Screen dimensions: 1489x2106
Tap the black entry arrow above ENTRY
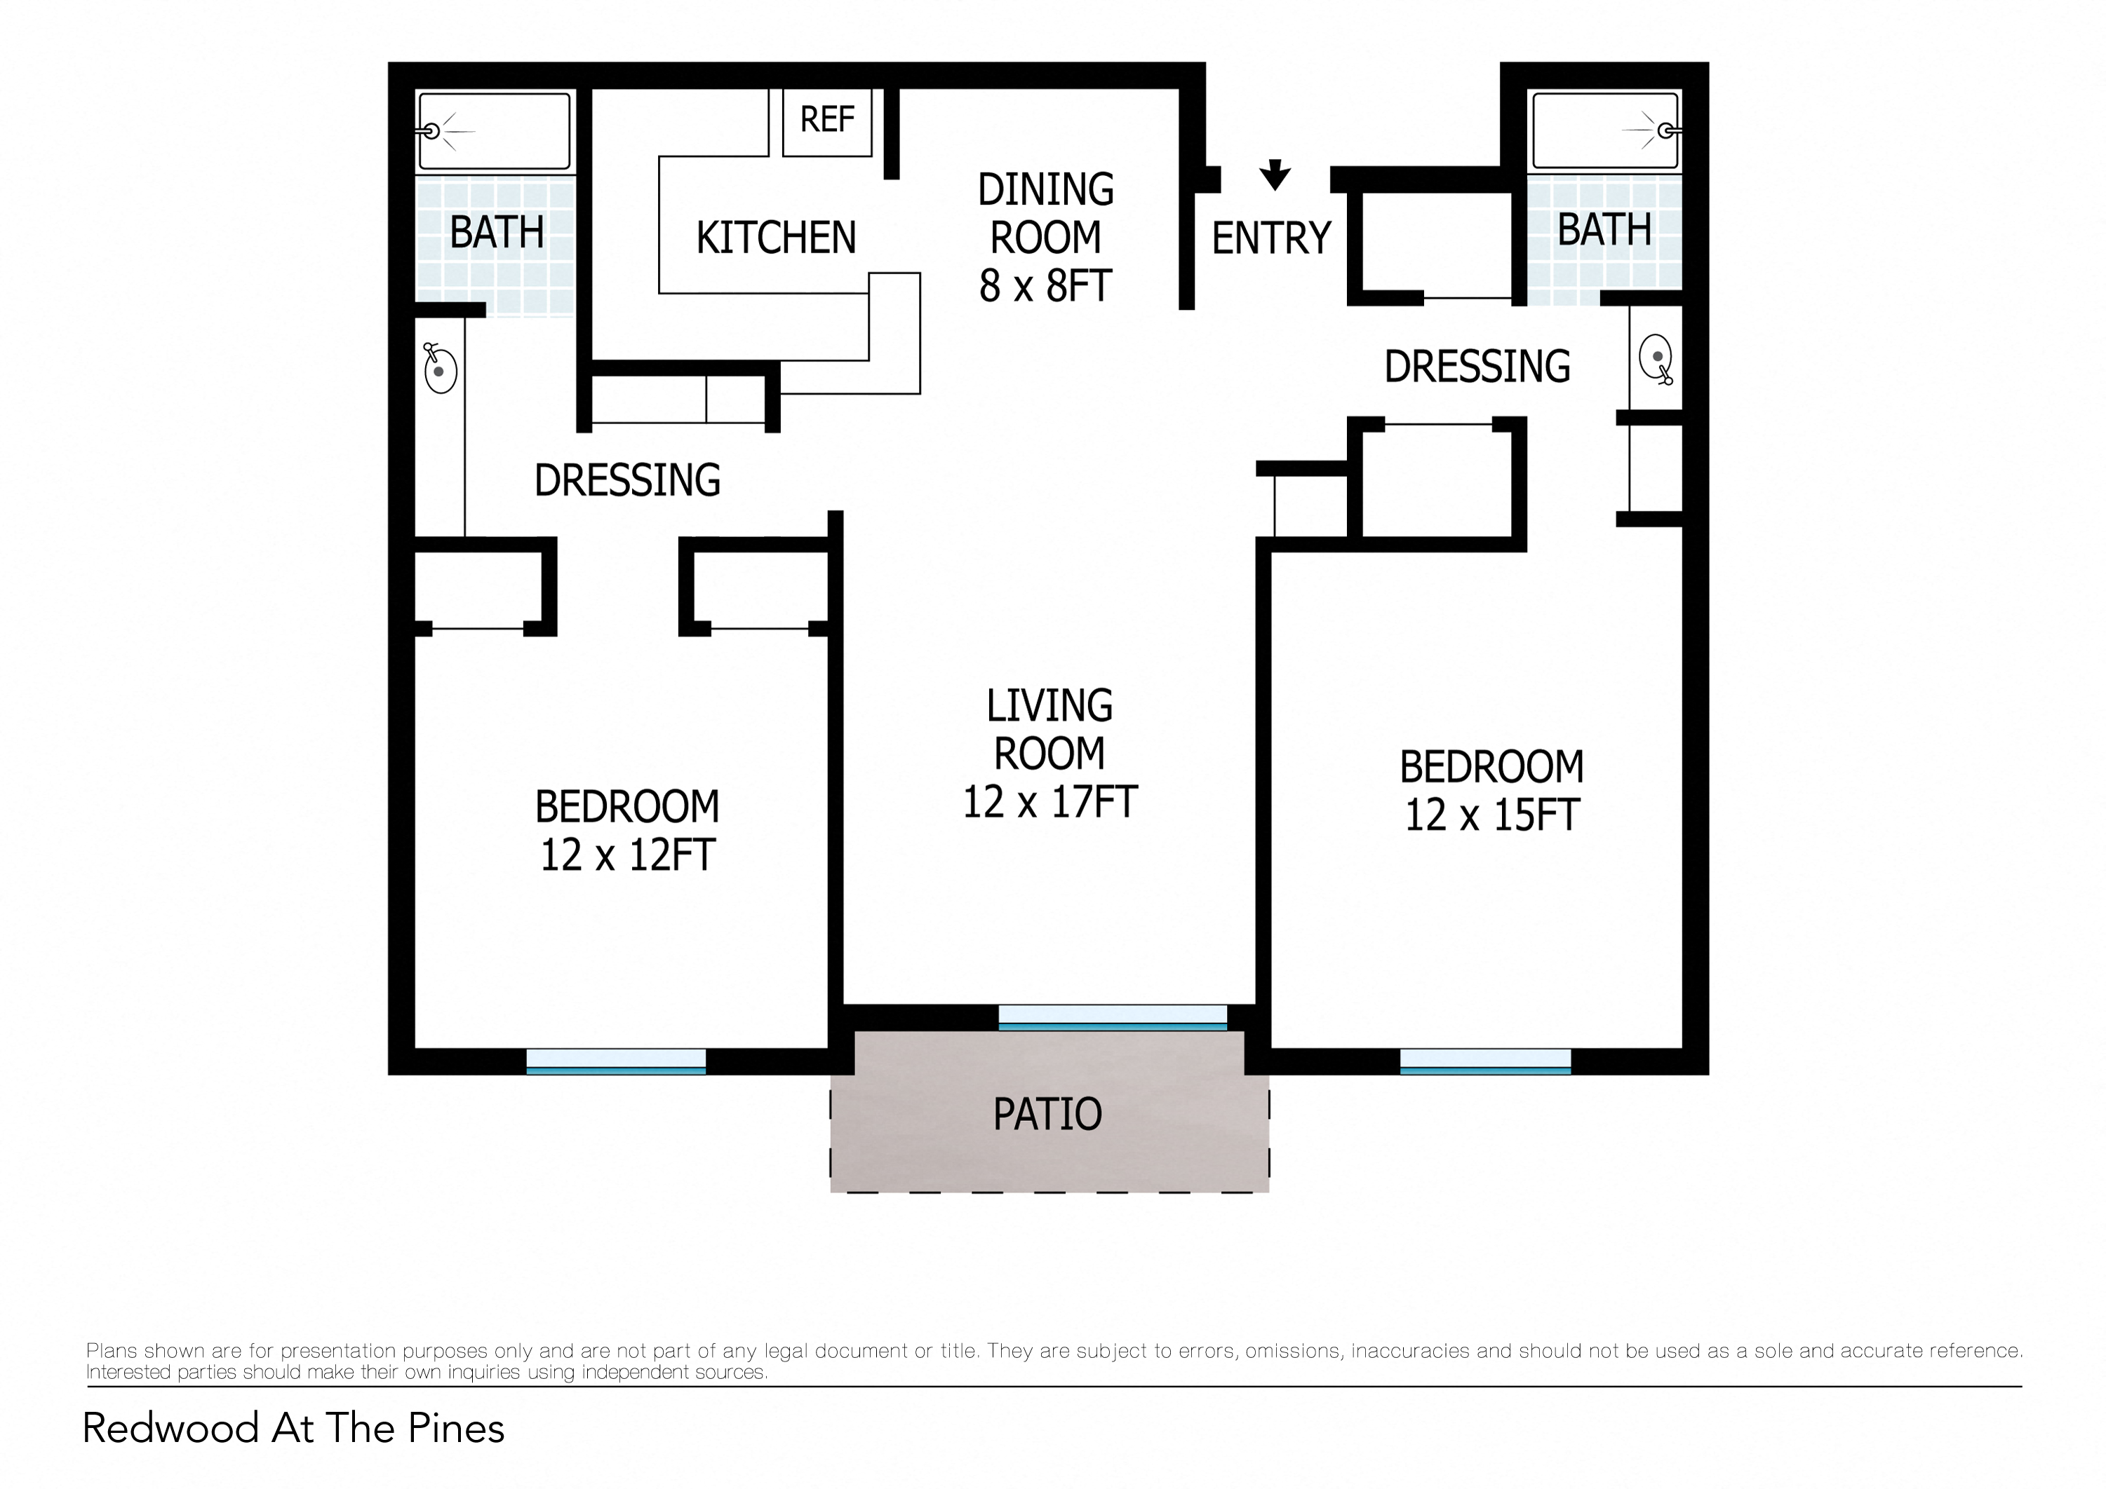1274,173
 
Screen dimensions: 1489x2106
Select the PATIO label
1047,1114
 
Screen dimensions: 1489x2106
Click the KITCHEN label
776,238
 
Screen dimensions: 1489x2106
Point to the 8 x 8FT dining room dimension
1045,286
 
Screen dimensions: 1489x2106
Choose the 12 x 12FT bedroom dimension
626,855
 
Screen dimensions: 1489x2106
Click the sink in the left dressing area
441,369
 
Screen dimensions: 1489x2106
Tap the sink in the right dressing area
1656,358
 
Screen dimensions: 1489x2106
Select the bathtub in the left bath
495,131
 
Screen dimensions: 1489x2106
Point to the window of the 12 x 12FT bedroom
615,1061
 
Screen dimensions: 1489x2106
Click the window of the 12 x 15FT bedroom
1485,1061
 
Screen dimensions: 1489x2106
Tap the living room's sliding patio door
1112,1018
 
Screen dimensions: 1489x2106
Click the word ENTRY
1270,238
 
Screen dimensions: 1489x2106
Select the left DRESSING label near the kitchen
627,480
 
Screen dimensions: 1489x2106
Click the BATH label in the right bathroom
1604,229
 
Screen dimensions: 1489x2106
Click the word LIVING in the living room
1049,706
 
